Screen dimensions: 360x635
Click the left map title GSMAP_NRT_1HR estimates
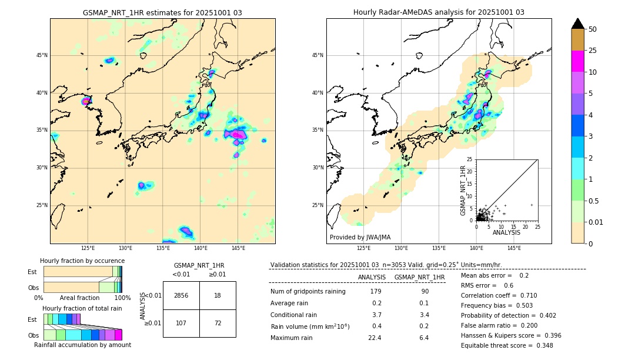click(x=162, y=12)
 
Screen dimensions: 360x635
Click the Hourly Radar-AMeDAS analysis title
click(x=439, y=12)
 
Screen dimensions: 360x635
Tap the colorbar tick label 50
click(x=593, y=29)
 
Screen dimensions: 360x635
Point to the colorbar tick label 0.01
click(x=596, y=222)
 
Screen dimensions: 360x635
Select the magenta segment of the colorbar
click(x=577, y=61)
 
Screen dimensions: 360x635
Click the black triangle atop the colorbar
click(x=577, y=24)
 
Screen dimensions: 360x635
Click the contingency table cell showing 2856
click(x=181, y=295)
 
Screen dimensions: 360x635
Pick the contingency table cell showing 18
click(x=218, y=295)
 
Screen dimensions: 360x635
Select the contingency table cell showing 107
click(x=181, y=323)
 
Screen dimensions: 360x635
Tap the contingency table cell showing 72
click(x=218, y=323)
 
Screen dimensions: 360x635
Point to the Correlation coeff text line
click(x=499, y=295)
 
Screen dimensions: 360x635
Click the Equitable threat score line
click(x=507, y=345)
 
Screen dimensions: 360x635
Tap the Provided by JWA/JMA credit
click(x=360, y=237)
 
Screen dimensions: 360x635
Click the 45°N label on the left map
click(x=42, y=55)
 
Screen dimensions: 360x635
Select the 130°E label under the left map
click(x=125, y=249)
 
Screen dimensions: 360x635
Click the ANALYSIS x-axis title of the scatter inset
click(x=506, y=232)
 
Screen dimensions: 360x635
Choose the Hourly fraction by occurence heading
click(x=82, y=261)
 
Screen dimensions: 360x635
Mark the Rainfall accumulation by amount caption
click(x=82, y=345)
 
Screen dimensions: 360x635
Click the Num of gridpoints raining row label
click(x=308, y=291)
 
